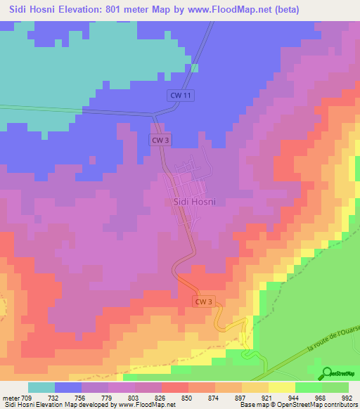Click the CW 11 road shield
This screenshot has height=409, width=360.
click(181, 96)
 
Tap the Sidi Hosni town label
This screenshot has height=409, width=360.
click(193, 202)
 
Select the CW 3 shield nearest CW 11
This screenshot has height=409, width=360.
click(161, 140)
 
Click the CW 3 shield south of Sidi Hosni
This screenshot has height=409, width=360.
click(203, 301)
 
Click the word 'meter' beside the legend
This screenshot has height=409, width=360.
click(11, 398)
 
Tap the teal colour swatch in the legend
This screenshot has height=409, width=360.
click(41, 387)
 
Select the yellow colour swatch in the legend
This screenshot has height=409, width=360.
click(281, 387)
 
